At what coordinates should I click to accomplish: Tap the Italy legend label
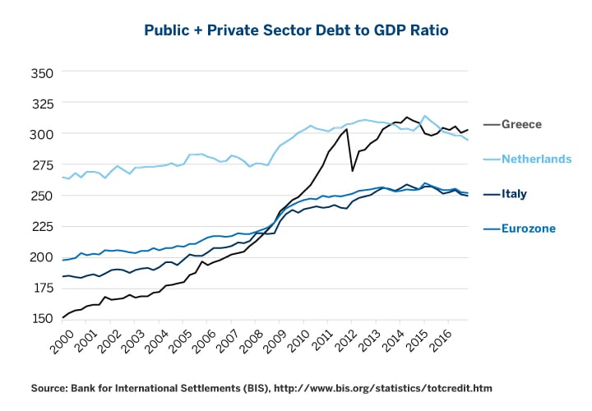coord(515,194)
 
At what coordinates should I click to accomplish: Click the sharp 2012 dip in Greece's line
coord(353,170)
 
